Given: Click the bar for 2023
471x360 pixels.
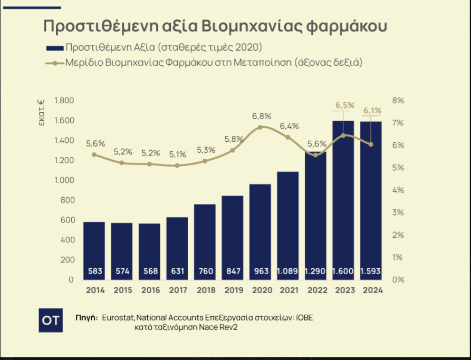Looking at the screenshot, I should [x=343, y=200].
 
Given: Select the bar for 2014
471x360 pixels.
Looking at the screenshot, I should [x=94, y=250].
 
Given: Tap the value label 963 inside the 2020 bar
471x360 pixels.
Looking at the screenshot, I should [x=260, y=271].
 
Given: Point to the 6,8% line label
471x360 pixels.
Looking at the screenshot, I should [x=262, y=116].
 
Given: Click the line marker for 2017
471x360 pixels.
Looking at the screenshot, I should [x=177, y=166].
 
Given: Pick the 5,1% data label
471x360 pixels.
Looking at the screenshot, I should [x=177, y=154].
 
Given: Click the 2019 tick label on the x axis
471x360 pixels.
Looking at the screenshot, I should [x=232, y=290].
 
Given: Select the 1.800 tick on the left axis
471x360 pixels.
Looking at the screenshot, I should [x=64, y=101].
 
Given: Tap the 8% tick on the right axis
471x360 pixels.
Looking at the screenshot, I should [x=397, y=101].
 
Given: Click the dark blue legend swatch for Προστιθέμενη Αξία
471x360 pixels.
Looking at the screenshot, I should [x=54, y=47].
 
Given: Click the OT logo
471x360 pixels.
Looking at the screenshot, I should [x=51, y=320].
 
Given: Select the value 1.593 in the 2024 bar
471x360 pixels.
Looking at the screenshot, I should [x=370, y=271].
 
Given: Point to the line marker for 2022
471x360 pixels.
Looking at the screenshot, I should [x=315, y=155].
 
